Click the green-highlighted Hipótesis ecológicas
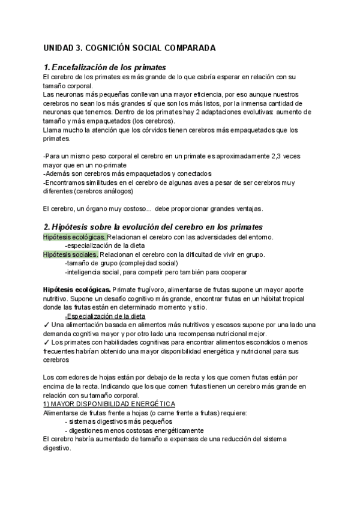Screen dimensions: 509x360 point(74,237)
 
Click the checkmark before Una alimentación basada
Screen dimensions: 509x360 point(47,325)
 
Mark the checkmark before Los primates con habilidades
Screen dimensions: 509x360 point(47,343)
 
